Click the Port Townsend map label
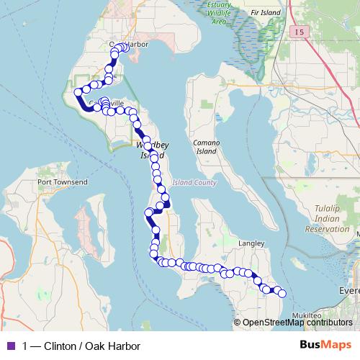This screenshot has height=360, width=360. click(x=63, y=182)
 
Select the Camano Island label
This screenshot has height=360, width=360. click(x=205, y=147)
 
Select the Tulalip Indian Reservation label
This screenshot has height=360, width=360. click(x=326, y=218)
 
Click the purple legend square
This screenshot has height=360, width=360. click(x=10, y=346)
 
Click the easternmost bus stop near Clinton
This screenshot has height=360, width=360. click(x=282, y=293)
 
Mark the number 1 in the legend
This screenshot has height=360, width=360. click(x=26, y=346)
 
